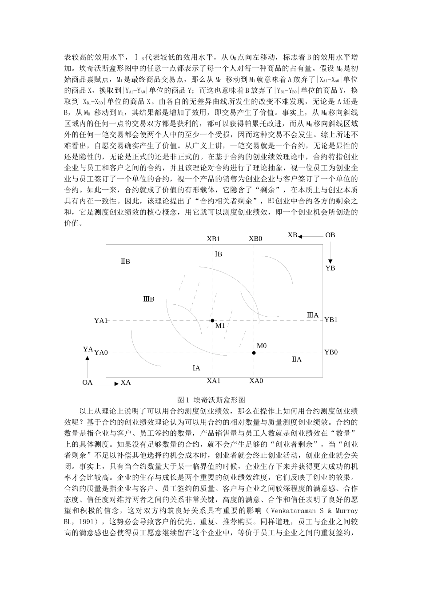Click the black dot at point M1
pyautogui.click(x=212, y=320)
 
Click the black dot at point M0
pyautogui.click(x=254, y=353)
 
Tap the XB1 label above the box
pyautogui.click(x=213, y=239)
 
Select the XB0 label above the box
pyautogui.click(x=255, y=239)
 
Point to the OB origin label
pyautogui.click(x=330, y=235)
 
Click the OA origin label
pyautogui.click(x=88, y=382)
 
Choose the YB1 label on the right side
pyautogui.click(x=331, y=320)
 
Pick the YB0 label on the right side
pyautogui.click(x=331, y=352)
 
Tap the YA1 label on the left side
pyautogui.click(x=101, y=320)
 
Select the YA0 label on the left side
pyautogui.click(x=101, y=353)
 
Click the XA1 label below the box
pyautogui.click(x=213, y=381)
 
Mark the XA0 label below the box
pyautogui.click(x=256, y=381)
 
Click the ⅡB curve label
pyautogui.click(x=125, y=262)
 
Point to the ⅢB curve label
pyautogui.click(x=149, y=299)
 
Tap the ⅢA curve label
pyautogui.click(x=313, y=315)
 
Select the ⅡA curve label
pyautogui.click(x=296, y=359)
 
